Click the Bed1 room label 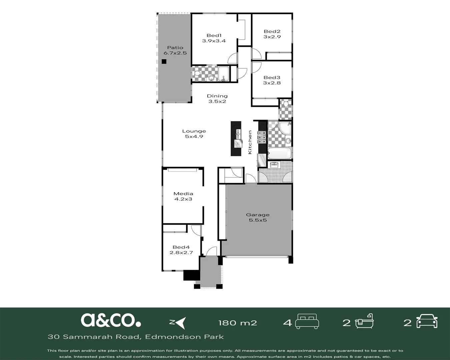coord(214,36)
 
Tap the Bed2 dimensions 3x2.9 coord(272,37)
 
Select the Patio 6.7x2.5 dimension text coord(175,53)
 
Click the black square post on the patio coord(164,61)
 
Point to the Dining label coord(217,96)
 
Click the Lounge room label coord(194,131)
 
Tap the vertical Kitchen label coord(250,142)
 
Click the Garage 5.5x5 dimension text coord(258,220)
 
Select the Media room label coord(183,194)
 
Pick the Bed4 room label coord(181,247)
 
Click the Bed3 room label coord(272,78)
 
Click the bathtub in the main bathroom coord(280,153)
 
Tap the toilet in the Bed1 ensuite coord(196,73)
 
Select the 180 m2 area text coord(238,323)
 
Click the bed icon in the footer coord(307,322)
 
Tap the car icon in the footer coord(427,322)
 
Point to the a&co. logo coord(111,320)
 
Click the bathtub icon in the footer coord(364,321)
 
